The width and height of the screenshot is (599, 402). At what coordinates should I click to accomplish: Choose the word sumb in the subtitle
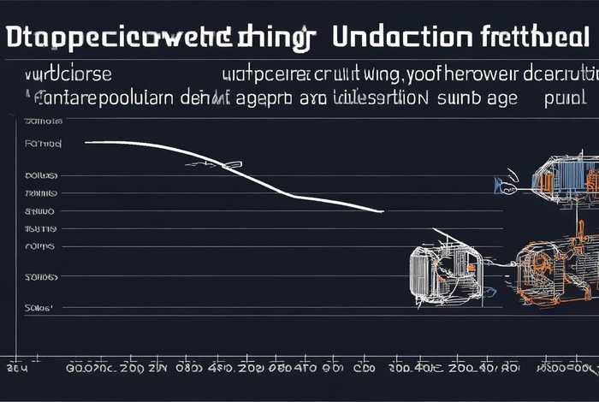click(458, 98)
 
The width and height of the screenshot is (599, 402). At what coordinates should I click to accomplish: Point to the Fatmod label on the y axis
click(44, 144)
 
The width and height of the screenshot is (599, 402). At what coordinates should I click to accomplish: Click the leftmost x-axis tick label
click(17, 369)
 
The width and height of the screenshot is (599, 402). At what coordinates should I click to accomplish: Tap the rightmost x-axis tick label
click(566, 369)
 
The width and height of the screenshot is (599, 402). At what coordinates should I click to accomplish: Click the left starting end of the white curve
click(86, 142)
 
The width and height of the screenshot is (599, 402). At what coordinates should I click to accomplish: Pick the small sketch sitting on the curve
click(210, 162)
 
